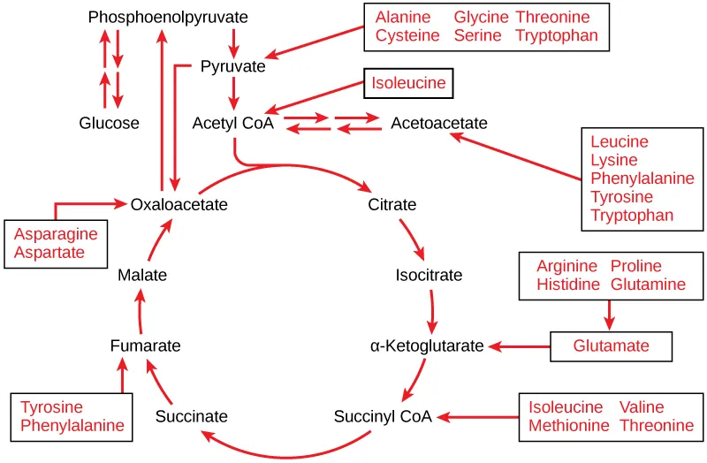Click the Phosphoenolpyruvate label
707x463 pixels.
[x=168, y=17]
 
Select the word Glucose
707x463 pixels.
[x=109, y=123]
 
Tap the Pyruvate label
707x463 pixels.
[x=232, y=66]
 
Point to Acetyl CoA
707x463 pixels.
[x=233, y=123]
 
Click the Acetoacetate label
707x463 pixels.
[x=438, y=123]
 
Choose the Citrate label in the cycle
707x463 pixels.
[x=392, y=205]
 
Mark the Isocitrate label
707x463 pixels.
[x=429, y=275]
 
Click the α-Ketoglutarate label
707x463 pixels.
[x=427, y=345]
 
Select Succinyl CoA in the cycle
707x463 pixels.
[x=383, y=416]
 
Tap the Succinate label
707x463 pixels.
[x=191, y=416]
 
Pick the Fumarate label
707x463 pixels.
[x=146, y=345]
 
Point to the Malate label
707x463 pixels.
[x=142, y=275]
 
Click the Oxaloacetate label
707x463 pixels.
[x=179, y=205]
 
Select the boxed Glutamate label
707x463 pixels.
[x=611, y=345]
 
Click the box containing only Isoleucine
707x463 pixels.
[x=409, y=85]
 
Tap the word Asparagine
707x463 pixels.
[x=56, y=234]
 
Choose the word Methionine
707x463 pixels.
[x=569, y=425]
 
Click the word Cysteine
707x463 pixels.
[x=407, y=35]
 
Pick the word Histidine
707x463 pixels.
[x=568, y=284]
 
